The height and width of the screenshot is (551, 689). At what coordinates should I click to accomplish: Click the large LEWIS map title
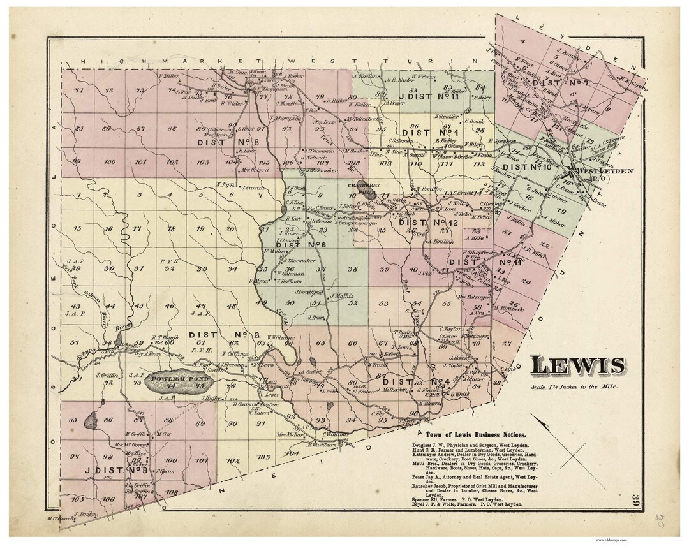[x=577, y=365]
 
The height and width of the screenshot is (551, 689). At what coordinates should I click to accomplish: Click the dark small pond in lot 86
[x=91, y=420]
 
